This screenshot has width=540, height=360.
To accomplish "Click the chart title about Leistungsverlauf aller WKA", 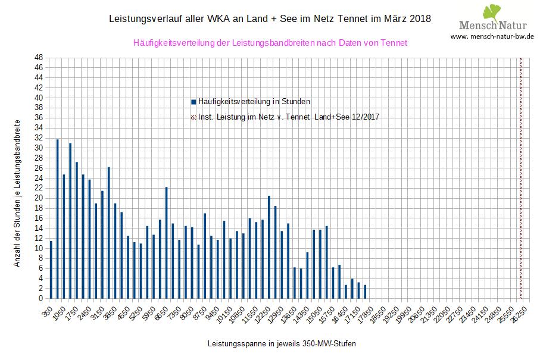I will click(x=270, y=19).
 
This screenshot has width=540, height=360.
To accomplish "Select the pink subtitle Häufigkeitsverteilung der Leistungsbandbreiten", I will click(x=270, y=43).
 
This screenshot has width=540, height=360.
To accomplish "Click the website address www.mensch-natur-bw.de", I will click(x=492, y=36).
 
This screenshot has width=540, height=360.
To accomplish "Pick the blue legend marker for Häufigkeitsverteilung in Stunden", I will click(x=193, y=102).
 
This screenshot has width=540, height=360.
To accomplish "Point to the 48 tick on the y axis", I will click(x=38, y=58).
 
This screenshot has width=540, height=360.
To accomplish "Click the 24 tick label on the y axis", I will click(x=38, y=178).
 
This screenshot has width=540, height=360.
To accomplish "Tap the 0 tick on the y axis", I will click(x=40, y=299).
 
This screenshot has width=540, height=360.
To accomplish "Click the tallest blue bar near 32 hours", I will click(x=58, y=219).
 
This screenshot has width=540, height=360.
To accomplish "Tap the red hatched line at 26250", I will click(x=522, y=179).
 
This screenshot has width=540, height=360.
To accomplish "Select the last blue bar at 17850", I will click(x=365, y=292).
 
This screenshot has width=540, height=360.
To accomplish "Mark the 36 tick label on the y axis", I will click(x=38, y=118).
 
